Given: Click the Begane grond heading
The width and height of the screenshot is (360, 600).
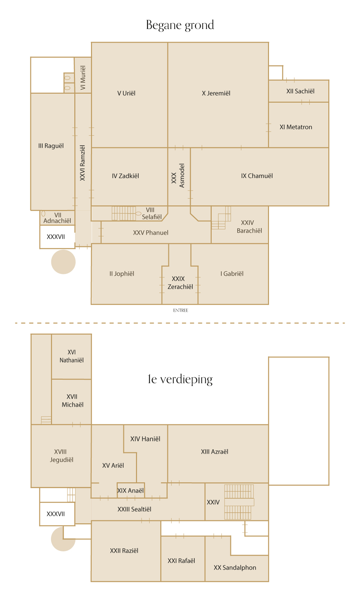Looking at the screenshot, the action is (180, 25).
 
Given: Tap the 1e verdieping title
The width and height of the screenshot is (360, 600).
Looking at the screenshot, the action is (180, 379).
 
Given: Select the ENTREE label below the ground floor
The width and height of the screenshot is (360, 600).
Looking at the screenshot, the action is (181, 310).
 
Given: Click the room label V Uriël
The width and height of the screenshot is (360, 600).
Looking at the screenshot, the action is (126, 93).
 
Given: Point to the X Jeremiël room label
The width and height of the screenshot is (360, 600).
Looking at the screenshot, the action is (216, 93).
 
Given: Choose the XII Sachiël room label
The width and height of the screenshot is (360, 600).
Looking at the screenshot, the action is (300, 91).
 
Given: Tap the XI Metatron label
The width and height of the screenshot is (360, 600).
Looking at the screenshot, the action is (296, 127).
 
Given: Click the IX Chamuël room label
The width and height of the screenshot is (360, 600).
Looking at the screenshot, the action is (257, 176).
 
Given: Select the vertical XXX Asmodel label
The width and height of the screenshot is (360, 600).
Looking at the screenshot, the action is (178, 176).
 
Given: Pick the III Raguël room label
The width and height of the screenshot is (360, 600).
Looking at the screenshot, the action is (51, 146).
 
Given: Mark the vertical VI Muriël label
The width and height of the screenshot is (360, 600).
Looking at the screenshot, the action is (83, 78).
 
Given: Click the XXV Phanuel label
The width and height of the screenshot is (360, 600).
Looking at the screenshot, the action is (151, 233).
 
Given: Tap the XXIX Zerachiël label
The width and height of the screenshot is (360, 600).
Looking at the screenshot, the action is (180, 283).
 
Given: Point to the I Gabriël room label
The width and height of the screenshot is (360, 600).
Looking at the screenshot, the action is (232, 274).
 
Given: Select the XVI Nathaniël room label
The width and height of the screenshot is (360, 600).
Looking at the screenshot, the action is (72, 356).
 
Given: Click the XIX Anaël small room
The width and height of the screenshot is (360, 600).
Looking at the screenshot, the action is (131, 490).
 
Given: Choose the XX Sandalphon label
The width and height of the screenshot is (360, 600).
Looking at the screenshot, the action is (235, 568).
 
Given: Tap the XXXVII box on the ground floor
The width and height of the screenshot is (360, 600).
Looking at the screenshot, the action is (57, 237).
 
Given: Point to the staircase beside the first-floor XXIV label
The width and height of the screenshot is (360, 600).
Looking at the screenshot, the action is (239, 502).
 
